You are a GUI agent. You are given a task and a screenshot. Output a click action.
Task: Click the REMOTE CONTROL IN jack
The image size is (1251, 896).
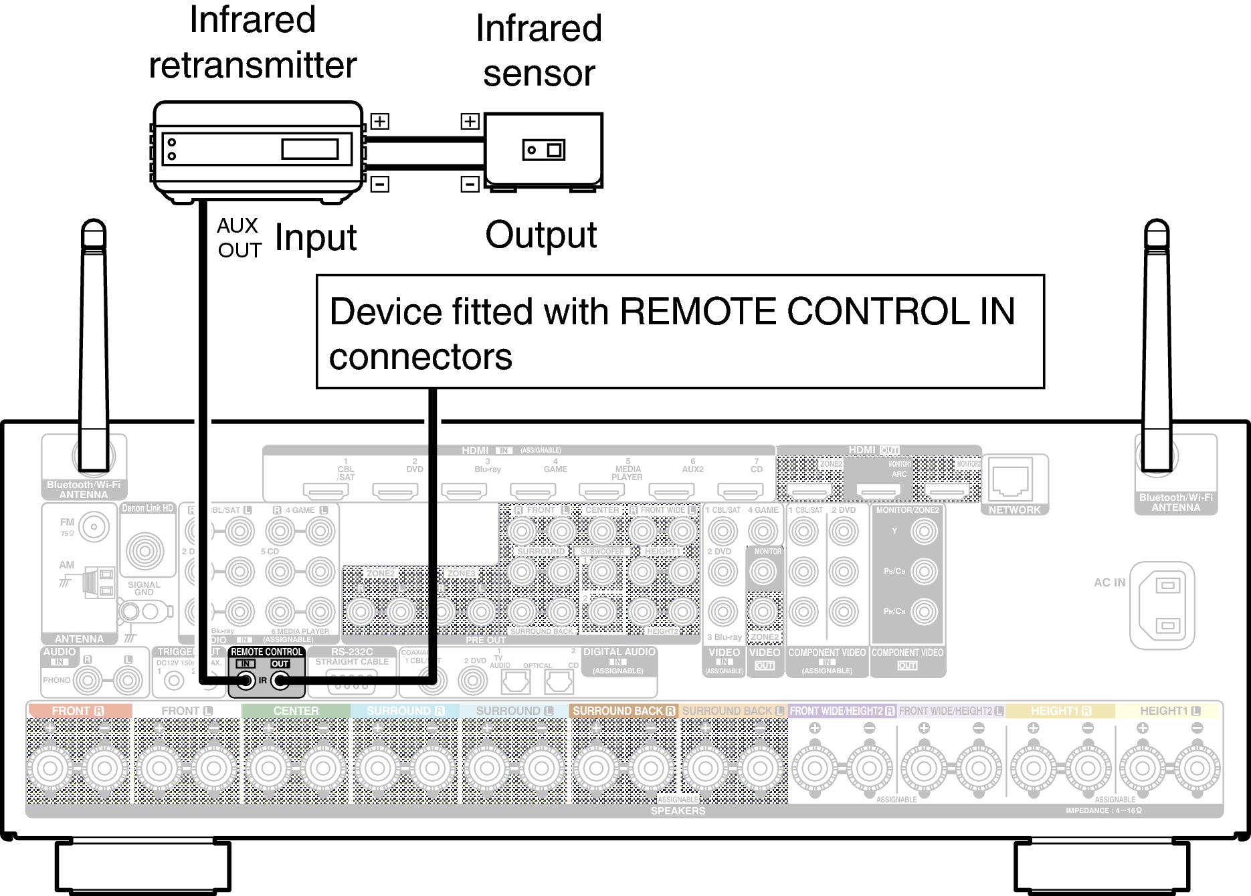coord(246,681)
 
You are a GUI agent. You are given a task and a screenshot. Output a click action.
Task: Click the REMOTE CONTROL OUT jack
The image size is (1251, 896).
coord(280,681)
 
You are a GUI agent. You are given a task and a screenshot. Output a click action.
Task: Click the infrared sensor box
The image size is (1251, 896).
coord(543,150)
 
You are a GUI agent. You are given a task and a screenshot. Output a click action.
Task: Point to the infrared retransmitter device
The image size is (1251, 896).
coord(257,148)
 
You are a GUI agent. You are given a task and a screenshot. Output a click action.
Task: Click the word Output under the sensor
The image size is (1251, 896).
coord(541,235)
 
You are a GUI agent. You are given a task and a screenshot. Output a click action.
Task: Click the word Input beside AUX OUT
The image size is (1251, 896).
coord(315,238)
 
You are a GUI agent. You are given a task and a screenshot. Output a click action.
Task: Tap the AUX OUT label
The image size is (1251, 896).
coord(238,238)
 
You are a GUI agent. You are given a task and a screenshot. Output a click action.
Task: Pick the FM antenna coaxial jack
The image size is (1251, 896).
coord(94,527)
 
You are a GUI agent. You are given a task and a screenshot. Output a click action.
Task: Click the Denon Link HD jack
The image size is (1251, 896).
coord(145,551)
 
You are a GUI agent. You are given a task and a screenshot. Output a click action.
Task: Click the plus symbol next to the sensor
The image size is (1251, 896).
coord(470,121)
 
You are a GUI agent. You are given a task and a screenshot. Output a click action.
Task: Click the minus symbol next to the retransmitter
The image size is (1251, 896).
coord(380,183)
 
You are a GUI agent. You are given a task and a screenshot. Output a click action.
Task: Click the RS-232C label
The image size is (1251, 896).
coord(352,651)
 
